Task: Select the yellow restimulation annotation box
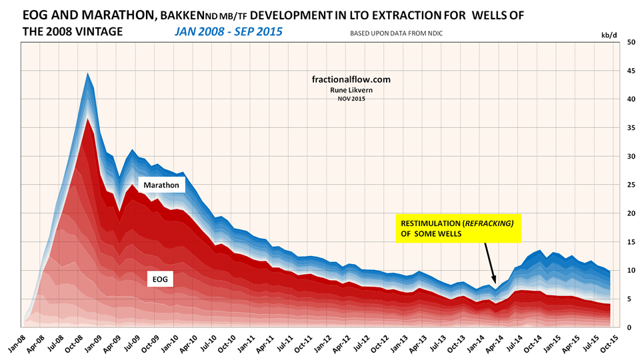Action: [458, 227]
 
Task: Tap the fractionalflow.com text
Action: [351, 79]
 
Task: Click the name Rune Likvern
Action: [351, 90]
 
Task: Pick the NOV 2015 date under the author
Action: [351, 99]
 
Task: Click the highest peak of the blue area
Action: [88, 74]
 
